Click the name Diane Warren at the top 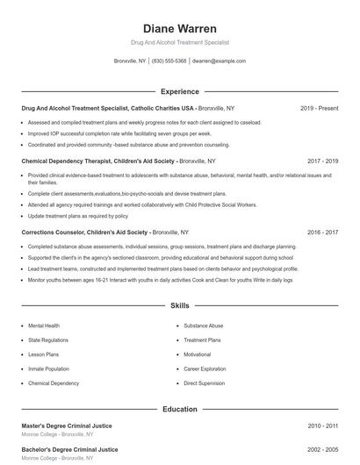click(x=179, y=29)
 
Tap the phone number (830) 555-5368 click(x=169, y=61)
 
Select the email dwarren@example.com click(x=219, y=61)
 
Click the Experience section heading click(x=179, y=91)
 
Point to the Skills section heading click(x=179, y=306)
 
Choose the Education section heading click(x=179, y=409)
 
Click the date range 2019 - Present click(x=319, y=108)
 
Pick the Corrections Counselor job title click(x=84, y=232)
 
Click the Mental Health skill click(x=44, y=325)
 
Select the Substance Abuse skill click(x=204, y=325)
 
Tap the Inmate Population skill click(x=48, y=369)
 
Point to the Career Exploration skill click(x=205, y=369)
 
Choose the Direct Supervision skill click(x=204, y=383)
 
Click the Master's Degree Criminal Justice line click(x=69, y=426)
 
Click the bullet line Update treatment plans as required click(x=77, y=216)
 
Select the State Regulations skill click(x=47, y=340)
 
